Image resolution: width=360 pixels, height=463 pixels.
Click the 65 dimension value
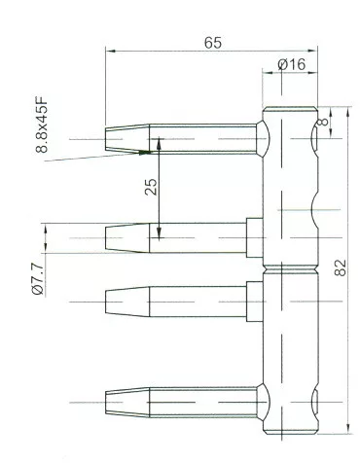click(213, 43)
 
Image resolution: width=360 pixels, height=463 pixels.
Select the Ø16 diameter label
click(292, 64)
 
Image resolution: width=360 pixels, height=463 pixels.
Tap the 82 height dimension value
click(341, 267)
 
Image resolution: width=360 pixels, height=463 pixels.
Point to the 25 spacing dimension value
click(151, 187)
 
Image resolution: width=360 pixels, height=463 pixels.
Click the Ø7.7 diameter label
click(38, 279)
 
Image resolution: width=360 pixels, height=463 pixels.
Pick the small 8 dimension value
click(323, 123)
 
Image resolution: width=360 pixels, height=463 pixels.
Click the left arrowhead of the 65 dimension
click(110, 51)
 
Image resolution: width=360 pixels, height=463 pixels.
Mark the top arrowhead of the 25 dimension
click(159, 143)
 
